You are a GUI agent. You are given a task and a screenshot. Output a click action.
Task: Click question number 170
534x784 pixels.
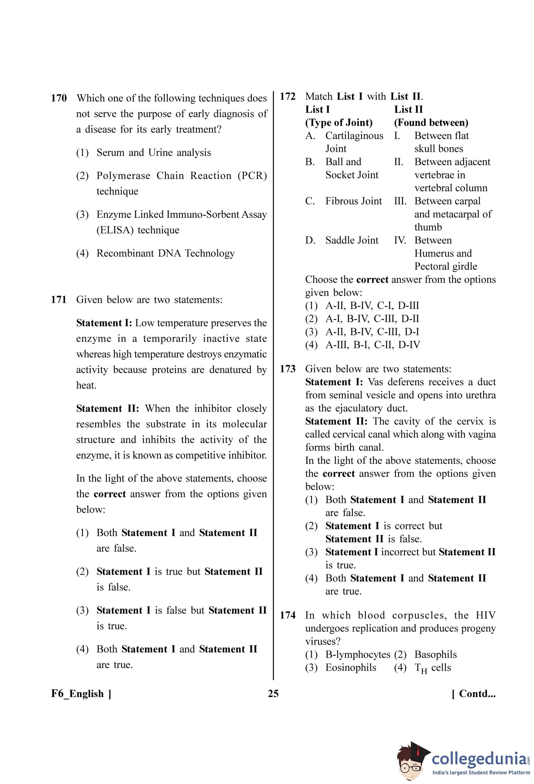click(x=59, y=98)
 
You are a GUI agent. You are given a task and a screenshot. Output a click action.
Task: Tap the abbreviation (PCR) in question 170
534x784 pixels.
click(x=252, y=176)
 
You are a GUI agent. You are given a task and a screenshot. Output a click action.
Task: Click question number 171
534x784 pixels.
click(x=59, y=299)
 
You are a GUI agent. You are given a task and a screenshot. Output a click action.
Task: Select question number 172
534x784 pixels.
click(x=287, y=97)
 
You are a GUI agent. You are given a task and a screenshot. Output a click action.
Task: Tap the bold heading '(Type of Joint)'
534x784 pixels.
click(x=339, y=123)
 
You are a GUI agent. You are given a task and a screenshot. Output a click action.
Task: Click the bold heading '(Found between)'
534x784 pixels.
click(x=431, y=123)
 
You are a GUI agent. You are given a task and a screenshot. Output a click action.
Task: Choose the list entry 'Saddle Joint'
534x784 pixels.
click(x=352, y=240)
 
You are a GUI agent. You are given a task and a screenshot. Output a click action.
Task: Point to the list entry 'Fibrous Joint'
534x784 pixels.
click(x=353, y=201)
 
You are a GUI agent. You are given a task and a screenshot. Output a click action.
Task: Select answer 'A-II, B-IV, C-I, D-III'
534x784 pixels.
click(x=372, y=306)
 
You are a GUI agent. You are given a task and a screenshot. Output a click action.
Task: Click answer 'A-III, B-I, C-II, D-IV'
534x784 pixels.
click(x=373, y=345)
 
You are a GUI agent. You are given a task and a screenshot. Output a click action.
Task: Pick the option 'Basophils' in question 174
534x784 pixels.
click(x=436, y=655)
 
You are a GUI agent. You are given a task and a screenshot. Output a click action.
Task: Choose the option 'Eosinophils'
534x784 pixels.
click(x=351, y=668)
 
